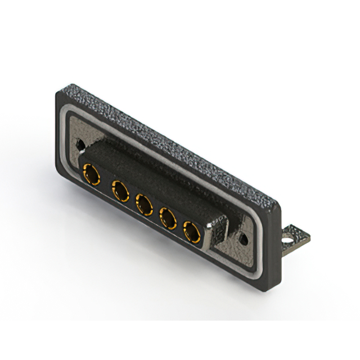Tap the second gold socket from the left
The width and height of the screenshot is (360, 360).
pyautogui.click(x=120, y=191)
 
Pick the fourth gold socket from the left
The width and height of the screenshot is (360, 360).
pyautogui.click(x=167, y=219)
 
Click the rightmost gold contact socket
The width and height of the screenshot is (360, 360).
pyautogui.click(x=192, y=232)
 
